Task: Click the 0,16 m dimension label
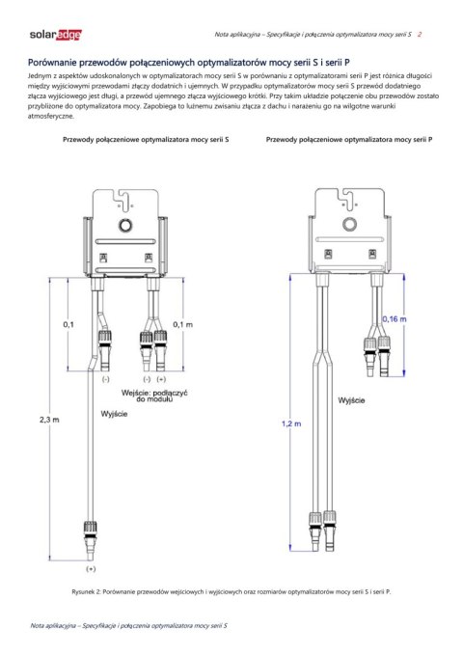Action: click(396, 318)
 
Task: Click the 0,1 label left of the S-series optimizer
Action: click(68, 324)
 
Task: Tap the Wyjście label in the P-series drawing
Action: click(351, 397)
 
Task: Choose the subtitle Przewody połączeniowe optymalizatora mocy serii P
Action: click(348, 140)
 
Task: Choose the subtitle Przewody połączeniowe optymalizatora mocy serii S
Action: click(146, 140)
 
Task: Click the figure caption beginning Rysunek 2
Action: click(231, 590)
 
